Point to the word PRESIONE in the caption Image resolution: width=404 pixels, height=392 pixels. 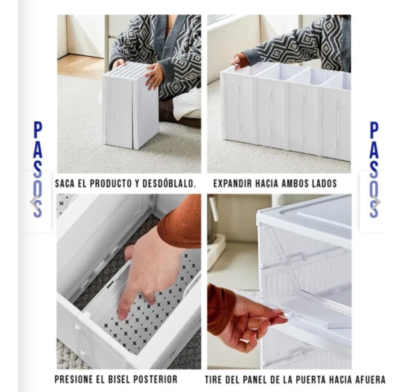[74, 379]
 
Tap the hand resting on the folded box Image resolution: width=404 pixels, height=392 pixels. [155, 75]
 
